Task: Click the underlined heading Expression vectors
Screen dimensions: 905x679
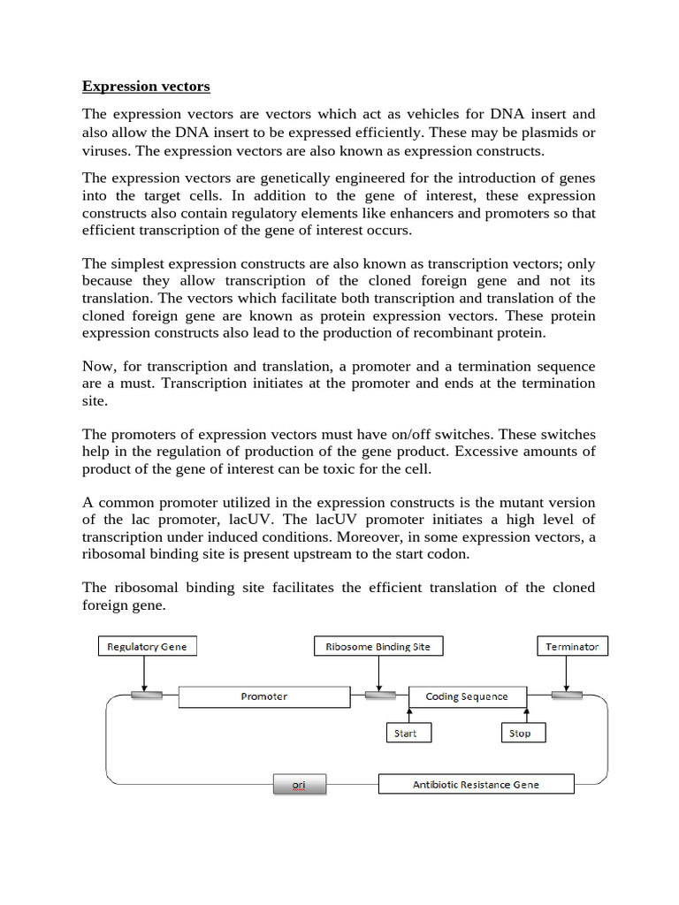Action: pyautogui.click(x=146, y=86)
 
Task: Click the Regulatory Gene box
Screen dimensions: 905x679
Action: pyautogui.click(x=147, y=646)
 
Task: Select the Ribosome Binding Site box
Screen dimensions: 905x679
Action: pyautogui.click(x=378, y=646)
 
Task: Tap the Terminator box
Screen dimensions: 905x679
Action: pyautogui.click(x=572, y=646)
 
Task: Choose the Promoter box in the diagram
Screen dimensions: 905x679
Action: pyautogui.click(x=264, y=696)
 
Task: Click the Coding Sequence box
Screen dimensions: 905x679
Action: pyautogui.click(x=467, y=696)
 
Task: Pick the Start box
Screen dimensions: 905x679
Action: pyautogui.click(x=406, y=733)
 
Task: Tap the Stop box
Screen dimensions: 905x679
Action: pyautogui.click(x=521, y=733)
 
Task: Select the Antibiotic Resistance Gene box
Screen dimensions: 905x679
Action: pyautogui.click(x=476, y=784)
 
